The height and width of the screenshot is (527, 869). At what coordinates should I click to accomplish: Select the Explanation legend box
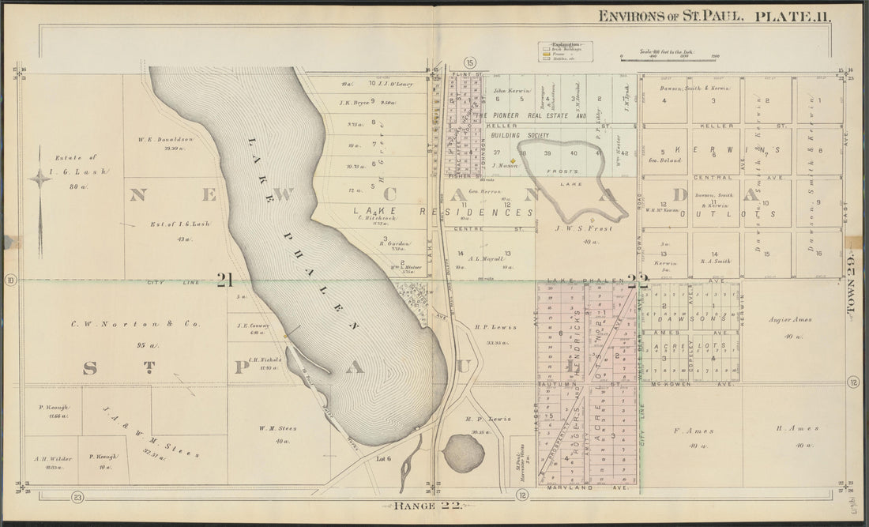pos(566,51)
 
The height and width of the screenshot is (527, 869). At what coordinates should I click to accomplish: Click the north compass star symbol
pos(39,179)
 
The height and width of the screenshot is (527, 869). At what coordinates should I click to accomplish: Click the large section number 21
pos(224,279)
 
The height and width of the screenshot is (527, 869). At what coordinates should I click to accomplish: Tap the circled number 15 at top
pos(470,62)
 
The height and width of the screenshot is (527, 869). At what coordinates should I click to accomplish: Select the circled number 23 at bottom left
pos(77,496)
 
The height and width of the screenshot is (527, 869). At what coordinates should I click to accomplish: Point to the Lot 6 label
pos(384,458)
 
